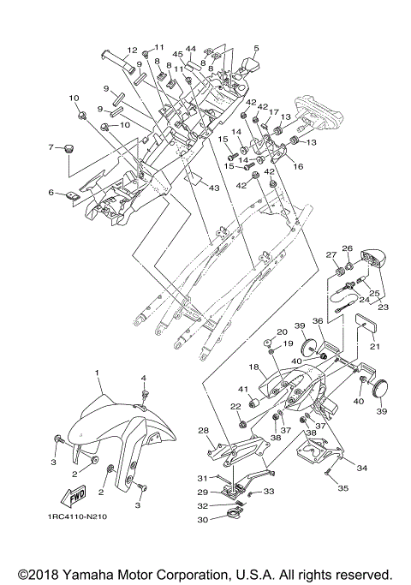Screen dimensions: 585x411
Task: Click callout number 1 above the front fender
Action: pyautogui.click(x=98, y=374)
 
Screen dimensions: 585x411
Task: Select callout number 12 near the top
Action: pyautogui.click(x=133, y=51)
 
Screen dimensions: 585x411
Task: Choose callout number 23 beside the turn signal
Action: pyautogui.click(x=383, y=306)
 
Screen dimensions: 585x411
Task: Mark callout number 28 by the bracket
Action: pyautogui.click(x=204, y=430)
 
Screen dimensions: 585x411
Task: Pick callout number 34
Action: pyautogui.click(x=362, y=469)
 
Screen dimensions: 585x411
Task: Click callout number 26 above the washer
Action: pyautogui.click(x=348, y=249)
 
